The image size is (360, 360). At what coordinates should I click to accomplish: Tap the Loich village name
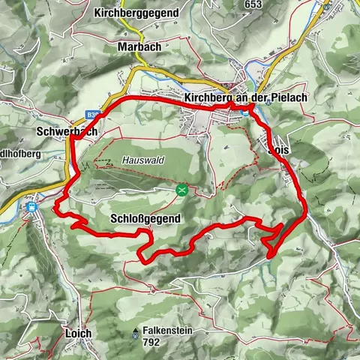tap(78, 333)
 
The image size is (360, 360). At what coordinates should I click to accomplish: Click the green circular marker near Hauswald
tap(181, 190)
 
